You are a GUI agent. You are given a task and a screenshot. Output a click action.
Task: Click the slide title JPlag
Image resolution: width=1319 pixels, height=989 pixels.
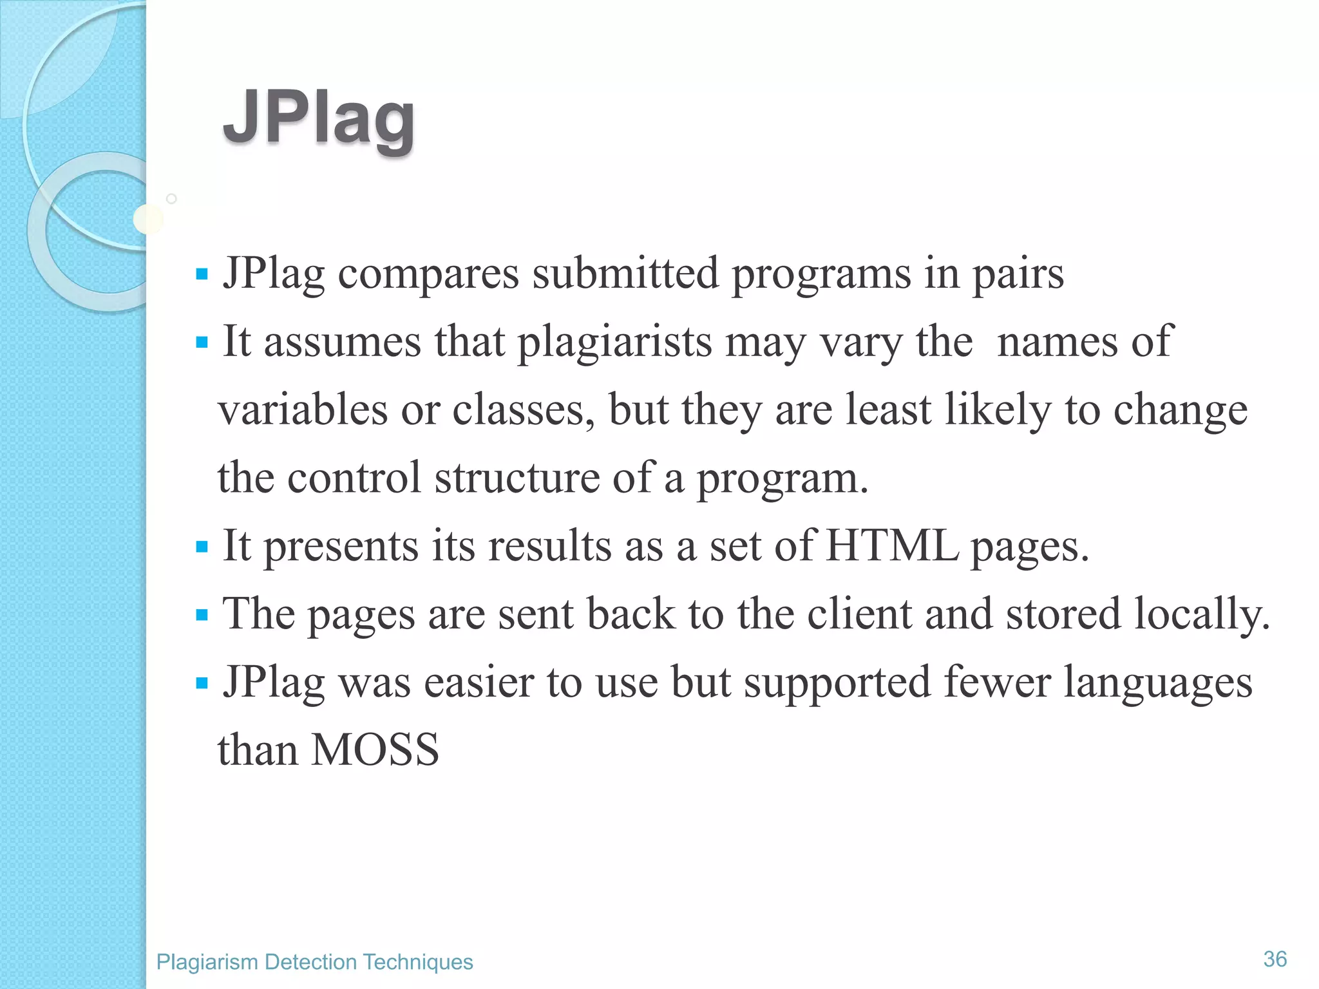(x=319, y=119)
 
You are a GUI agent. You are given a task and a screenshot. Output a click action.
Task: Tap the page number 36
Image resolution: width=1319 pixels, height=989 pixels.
(x=1275, y=959)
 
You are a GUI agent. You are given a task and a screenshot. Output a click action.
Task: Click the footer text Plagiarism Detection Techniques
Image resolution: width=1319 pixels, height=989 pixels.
(x=314, y=962)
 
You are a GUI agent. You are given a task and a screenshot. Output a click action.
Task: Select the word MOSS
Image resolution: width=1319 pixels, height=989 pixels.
(x=375, y=750)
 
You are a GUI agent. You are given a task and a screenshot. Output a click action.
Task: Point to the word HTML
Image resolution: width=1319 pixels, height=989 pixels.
(x=892, y=546)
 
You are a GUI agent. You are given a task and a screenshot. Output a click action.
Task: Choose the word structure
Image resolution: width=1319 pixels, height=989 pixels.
(x=517, y=478)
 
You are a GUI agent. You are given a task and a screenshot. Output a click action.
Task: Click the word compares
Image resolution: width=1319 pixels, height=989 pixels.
(x=428, y=274)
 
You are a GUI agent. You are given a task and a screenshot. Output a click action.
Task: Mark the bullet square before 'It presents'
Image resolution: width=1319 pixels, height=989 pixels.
(x=202, y=547)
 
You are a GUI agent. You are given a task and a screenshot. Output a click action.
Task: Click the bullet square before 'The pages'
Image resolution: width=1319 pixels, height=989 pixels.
(x=202, y=616)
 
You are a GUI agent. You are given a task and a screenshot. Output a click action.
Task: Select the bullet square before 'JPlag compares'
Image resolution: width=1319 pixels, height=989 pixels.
(x=202, y=275)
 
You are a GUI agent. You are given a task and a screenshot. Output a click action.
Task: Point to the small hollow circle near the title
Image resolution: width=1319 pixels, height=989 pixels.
(x=171, y=199)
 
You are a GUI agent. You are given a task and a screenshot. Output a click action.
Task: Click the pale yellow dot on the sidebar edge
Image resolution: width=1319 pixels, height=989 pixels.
(x=147, y=220)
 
